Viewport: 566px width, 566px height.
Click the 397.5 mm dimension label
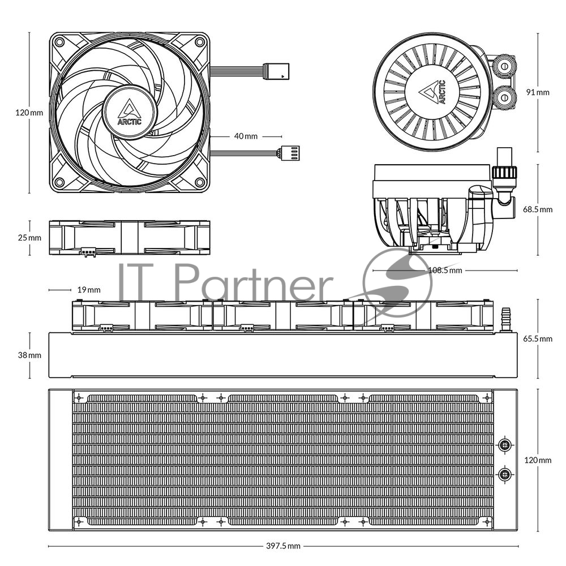click(x=283, y=546)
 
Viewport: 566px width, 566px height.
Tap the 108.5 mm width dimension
click(x=445, y=271)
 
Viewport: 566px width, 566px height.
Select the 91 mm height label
click(x=538, y=92)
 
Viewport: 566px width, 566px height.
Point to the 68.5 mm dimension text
click(x=538, y=209)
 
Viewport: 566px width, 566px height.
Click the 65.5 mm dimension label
click(x=538, y=338)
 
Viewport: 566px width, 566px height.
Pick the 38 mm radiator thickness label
click(x=29, y=355)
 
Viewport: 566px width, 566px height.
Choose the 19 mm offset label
click(x=89, y=290)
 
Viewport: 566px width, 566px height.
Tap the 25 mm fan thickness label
click(x=29, y=238)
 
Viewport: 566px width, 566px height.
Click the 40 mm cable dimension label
click(x=246, y=136)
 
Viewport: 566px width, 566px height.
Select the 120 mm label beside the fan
click(x=29, y=113)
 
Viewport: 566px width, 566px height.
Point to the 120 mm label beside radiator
click(x=538, y=460)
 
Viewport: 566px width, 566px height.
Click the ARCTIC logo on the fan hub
click(x=130, y=112)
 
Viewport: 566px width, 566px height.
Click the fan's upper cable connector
click(x=276, y=71)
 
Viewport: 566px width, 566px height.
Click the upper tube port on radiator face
click(x=505, y=445)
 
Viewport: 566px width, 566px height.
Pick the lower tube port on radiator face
click(x=505, y=474)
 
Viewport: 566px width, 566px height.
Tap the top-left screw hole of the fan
click(x=59, y=42)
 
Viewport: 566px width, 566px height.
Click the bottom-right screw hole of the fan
click(x=200, y=182)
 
